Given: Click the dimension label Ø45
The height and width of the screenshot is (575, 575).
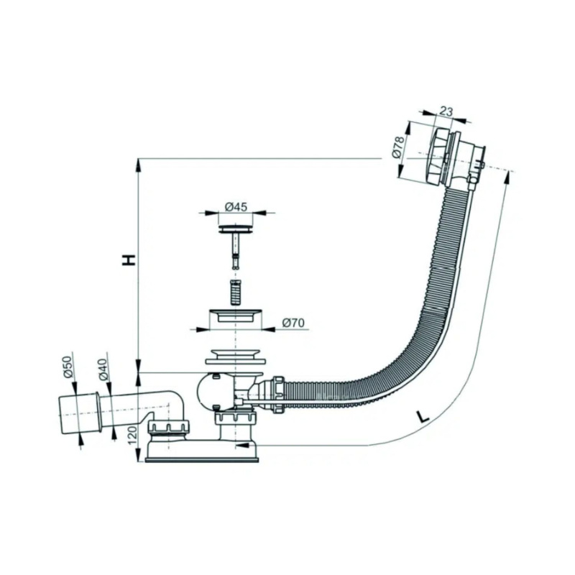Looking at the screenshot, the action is pos(236,207).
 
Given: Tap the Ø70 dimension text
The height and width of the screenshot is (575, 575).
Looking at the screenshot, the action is pos(293,323).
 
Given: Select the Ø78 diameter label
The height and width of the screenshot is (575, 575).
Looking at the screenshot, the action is pos(398,147).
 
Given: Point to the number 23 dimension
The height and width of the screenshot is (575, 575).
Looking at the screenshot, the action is pos(446,111).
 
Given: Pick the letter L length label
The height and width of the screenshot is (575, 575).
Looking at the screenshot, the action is pos(423,417).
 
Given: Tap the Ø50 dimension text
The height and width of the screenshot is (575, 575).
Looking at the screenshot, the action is pos(69,367).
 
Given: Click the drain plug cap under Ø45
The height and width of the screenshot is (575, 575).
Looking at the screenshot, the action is pos(236,229).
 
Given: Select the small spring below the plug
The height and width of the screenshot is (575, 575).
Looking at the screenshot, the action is pos(236,293).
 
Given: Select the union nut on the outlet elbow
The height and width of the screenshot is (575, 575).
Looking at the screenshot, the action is pos(169,427).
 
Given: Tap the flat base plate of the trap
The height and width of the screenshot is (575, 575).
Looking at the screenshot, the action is pos(202,459).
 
